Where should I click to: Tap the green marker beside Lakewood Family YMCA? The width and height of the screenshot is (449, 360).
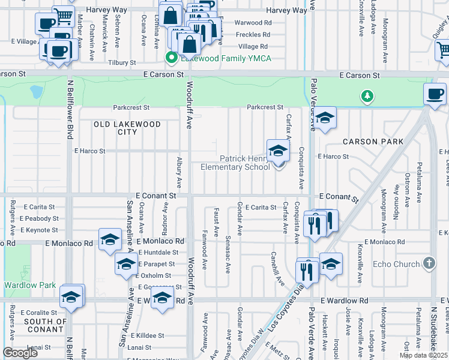click(170, 58)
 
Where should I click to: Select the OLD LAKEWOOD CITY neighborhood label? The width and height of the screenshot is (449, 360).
click(127, 128)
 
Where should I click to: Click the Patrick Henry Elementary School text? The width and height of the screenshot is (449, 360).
click(244, 163)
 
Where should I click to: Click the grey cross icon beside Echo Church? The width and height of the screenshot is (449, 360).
click(429, 263)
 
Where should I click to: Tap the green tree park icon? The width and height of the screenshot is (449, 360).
click(367, 95)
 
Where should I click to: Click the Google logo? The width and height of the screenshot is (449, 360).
click(20, 353)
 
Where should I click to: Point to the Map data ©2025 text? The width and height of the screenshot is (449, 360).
click(423, 355)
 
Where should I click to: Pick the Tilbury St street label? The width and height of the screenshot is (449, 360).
click(122, 62)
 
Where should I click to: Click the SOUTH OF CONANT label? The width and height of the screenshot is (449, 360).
click(44, 325)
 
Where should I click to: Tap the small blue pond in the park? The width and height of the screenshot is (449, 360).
click(36, 92)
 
